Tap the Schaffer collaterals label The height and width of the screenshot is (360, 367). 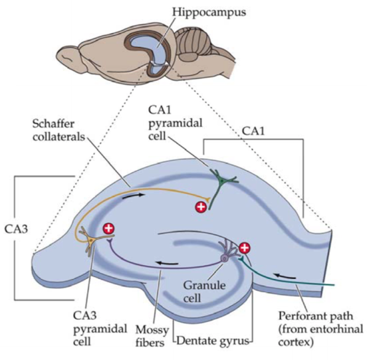click(59, 130)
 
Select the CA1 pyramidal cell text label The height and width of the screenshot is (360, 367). click(176, 123)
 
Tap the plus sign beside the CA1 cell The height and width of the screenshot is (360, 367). click(201, 207)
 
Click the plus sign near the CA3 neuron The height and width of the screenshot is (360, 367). click(108, 228)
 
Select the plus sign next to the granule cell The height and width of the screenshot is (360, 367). click(245, 248)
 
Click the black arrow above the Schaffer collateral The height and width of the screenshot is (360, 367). click(133, 196)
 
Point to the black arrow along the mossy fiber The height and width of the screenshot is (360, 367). click(167, 263)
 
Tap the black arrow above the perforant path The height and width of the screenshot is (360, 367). click(285, 276)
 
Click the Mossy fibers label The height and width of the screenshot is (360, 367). click(152, 336)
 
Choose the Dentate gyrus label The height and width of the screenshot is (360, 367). click(213, 341)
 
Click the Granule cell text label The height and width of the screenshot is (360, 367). click(204, 292)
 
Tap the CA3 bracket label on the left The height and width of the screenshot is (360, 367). click(16, 229)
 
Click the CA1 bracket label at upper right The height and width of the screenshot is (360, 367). click(253, 132)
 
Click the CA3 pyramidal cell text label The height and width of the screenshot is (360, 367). click(100, 329)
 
